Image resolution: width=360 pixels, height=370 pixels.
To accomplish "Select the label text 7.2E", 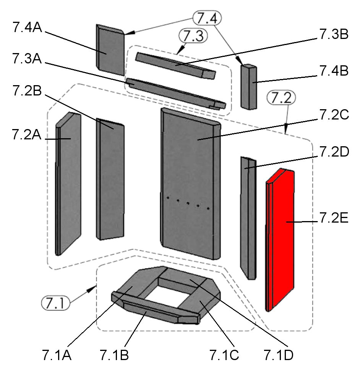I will point(333,221).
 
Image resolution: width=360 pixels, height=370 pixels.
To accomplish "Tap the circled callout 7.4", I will point(207,18).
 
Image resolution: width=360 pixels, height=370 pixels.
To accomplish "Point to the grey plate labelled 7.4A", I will point(110,50).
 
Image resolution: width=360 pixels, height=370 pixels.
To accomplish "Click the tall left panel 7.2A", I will point(69,183).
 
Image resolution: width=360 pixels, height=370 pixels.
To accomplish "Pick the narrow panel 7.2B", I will point(110,179).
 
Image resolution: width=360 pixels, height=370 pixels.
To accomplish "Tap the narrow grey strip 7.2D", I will point(248,218).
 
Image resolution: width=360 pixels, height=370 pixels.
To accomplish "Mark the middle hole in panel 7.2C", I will point(188,202).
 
